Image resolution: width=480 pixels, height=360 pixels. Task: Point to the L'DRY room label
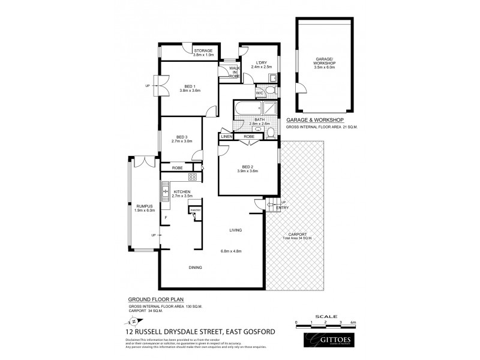(260, 62)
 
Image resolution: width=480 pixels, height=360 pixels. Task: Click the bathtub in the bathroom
(249, 109)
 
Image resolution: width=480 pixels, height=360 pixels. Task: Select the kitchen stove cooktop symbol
(193, 176)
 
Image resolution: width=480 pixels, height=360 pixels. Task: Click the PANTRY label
(194, 211)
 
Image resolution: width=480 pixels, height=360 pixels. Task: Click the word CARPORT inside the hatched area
(298, 235)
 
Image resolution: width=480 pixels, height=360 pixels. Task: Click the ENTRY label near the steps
(283, 208)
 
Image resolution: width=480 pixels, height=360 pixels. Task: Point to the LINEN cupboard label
(226, 137)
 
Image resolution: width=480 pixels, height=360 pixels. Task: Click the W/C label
(260, 93)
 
